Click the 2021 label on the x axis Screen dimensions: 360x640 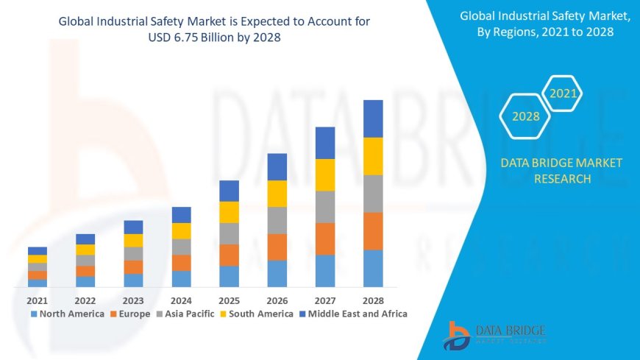(x=38, y=300)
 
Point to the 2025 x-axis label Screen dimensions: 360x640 (x=229, y=300)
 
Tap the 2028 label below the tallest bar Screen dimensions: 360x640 (x=373, y=300)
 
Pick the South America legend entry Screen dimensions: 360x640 (x=257, y=314)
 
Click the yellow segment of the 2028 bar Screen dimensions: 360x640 (x=373, y=156)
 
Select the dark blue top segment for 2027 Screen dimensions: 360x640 (x=325, y=143)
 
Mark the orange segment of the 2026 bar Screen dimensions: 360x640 (x=277, y=247)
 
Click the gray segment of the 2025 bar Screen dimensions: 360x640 (x=229, y=233)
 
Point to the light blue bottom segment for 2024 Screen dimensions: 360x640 (x=181, y=278)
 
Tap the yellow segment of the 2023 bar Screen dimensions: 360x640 (x=133, y=240)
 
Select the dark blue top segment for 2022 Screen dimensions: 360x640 (x=85, y=239)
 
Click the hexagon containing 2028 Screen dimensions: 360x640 (x=526, y=116)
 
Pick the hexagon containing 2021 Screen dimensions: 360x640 (x=563, y=93)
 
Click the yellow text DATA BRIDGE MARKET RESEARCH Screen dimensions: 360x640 (x=561, y=171)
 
